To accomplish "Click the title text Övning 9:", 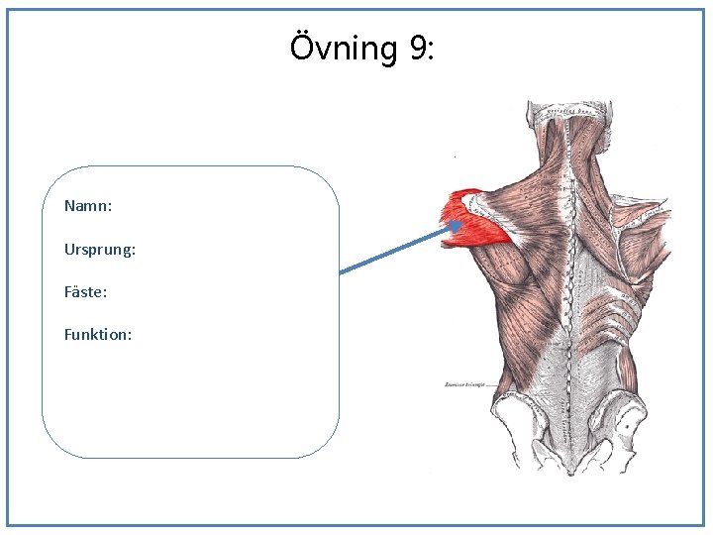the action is tap(361, 47).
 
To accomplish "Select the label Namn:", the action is tap(88, 206).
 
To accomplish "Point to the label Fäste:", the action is tap(86, 292).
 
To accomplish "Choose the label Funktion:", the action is tap(98, 335).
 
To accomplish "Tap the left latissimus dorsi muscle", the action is tap(515, 317).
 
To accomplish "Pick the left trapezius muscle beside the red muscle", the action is tap(525, 208).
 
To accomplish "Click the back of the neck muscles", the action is tap(569, 149).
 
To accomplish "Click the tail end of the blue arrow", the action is tap(342, 270).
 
